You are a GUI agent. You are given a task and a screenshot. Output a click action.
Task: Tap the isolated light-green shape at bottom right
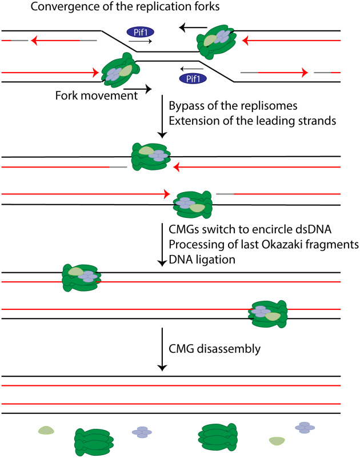[x=277, y=441]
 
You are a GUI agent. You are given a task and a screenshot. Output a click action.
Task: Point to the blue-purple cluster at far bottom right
[x=306, y=428]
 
